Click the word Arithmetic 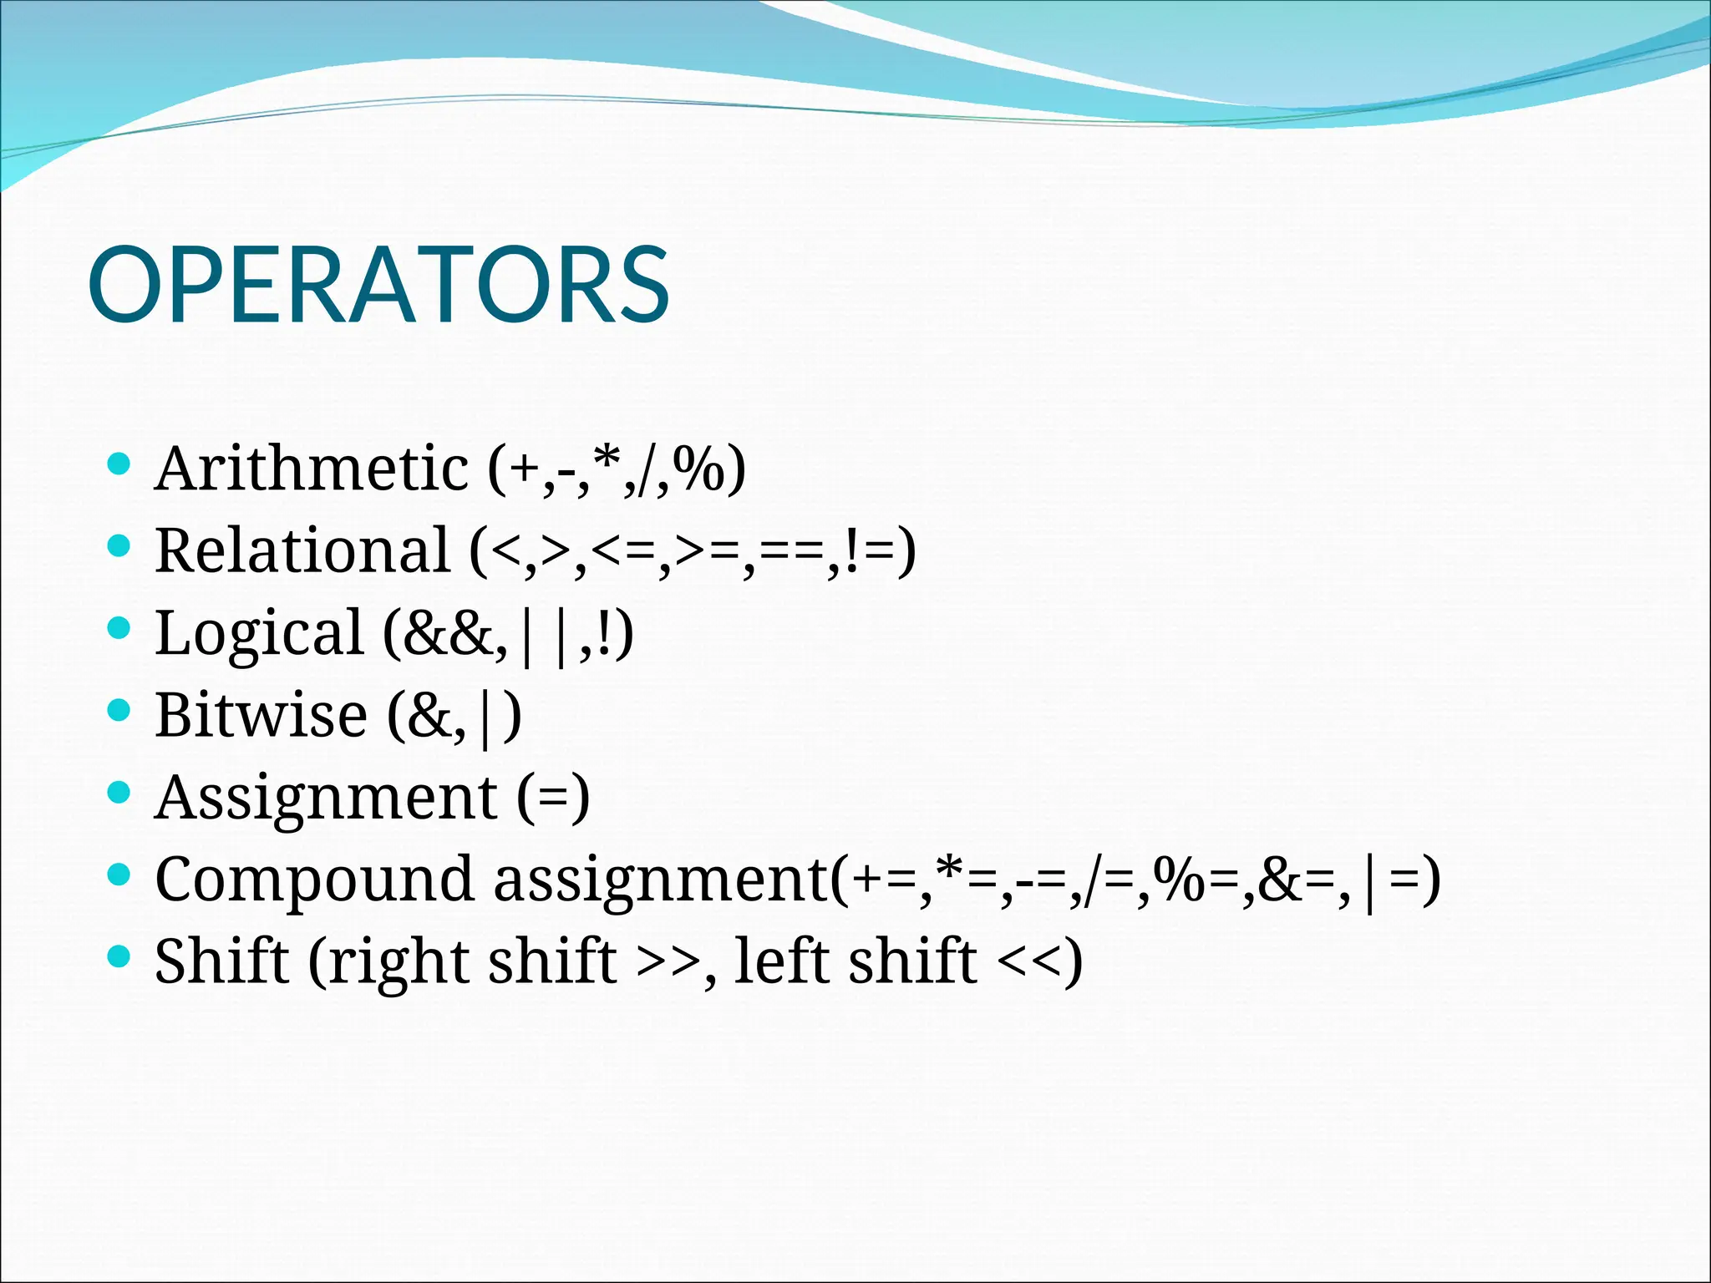[x=312, y=469]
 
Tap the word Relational [x=302, y=551]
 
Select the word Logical [x=260, y=633]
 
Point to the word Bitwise [x=261, y=716]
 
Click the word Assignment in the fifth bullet [x=327, y=798]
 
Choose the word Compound [x=314, y=880]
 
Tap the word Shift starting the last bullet [x=221, y=961]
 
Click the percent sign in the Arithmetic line [x=700, y=469]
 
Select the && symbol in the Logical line [x=449, y=633]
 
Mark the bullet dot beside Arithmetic [x=120, y=464]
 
